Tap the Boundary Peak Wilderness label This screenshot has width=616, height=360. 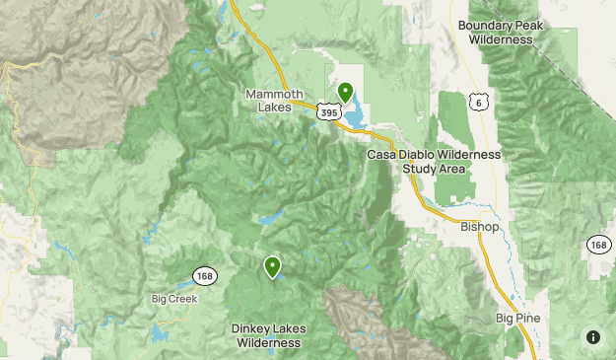tap(501, 33)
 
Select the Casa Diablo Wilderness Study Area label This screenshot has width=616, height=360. tap(435, 162)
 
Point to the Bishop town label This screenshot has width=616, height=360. tap(480, 227)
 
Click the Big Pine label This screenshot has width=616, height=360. tap(518, 319)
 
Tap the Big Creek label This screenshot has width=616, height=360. tap(174, 298)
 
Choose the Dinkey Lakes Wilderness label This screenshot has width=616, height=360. tap(268, 335)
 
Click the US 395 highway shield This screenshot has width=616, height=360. tap(329, 113)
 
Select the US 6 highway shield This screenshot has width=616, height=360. tap(479, 102)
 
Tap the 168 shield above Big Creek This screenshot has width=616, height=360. tap(204, 275)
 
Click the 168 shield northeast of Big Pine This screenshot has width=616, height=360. tap(598, 244)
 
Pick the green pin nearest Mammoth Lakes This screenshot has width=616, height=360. tap(345, 92)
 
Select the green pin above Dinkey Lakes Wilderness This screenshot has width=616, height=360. tap(271, 265)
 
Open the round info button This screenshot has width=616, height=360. tap(593, 337)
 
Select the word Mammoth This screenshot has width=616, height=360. tap(268, 94)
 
